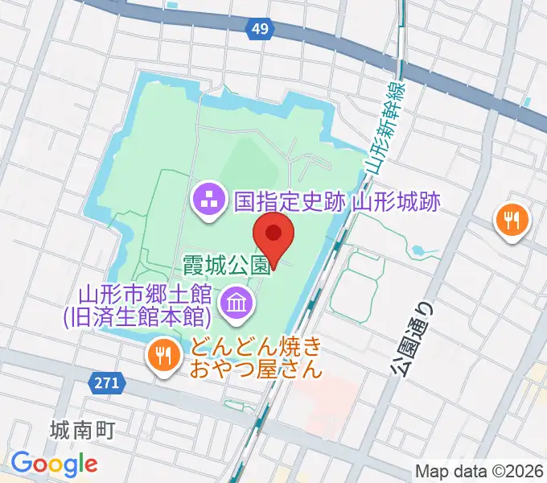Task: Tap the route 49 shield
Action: [x=259, y=29]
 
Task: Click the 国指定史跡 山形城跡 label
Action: [x=337, y=200]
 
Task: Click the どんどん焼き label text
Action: [x=257, y=348]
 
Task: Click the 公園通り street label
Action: [x=411, y=338]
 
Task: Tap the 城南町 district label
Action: [x=81, y=430]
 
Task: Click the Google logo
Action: [x=54, y=464]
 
